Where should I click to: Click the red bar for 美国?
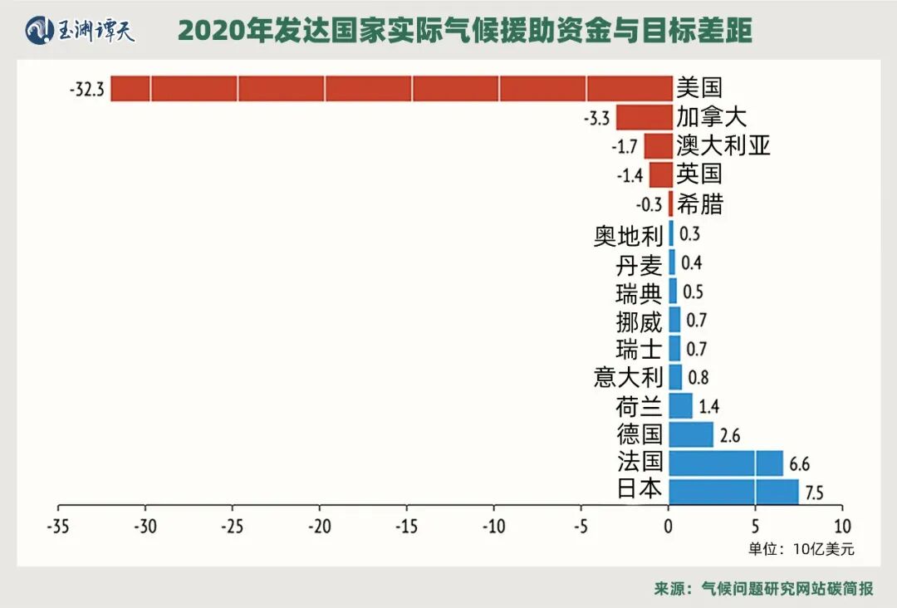(x=390, y=88)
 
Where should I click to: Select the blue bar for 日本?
(x=733, y=491)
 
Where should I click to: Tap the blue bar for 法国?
(x=725, y=463)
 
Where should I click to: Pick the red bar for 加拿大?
(x=644, y=117)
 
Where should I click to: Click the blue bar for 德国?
(x=691, y=434)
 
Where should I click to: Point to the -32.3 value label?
(x=87, y=89)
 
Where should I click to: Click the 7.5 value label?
(x=814, y=493)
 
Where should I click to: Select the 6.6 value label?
(x=799, y=463)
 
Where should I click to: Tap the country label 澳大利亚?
(x=723, y=146)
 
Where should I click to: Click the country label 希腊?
(x=699, y=203)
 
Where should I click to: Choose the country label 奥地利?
(x=628, y=235)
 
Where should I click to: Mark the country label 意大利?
(x=628, y=377)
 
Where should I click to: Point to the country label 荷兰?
(x=639, y=406)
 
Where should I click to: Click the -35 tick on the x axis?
(x=58, y=525)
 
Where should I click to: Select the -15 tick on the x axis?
(x=406, y=525)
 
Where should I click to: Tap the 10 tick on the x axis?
(x=842, y=525)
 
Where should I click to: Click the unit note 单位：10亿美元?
(x=801, y=549)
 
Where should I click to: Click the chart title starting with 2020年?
(x=465, y=31)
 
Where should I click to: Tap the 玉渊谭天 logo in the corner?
(x=81, y=31)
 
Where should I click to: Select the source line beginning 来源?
(x=763, y=588)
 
